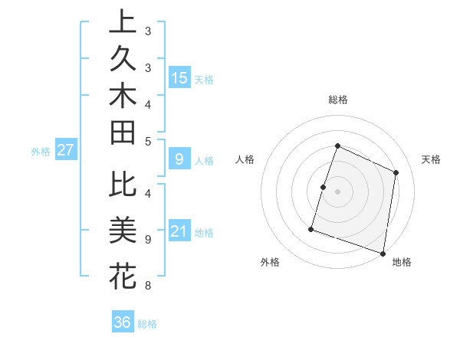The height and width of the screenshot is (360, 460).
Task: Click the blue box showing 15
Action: point(179,78)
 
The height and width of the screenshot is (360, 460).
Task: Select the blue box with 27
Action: point(65,151)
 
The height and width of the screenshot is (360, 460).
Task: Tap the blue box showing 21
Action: point(179,232)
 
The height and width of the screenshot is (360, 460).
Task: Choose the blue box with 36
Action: point(123,322)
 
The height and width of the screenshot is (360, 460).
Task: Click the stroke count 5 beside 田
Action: point(148,141)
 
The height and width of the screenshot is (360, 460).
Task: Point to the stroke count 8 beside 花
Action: point(148,286)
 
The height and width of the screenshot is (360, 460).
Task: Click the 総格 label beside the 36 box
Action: point(147,324)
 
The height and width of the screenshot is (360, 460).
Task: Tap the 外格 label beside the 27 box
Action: point(41,152)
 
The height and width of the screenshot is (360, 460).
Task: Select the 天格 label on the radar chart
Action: point(431,159)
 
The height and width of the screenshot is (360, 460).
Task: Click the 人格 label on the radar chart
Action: point(245,159)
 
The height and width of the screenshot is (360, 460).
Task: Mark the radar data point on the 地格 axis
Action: point(383,253)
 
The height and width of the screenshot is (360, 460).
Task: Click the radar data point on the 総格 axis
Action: point(337,146)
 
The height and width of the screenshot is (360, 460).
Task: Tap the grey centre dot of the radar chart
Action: point(337,191)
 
